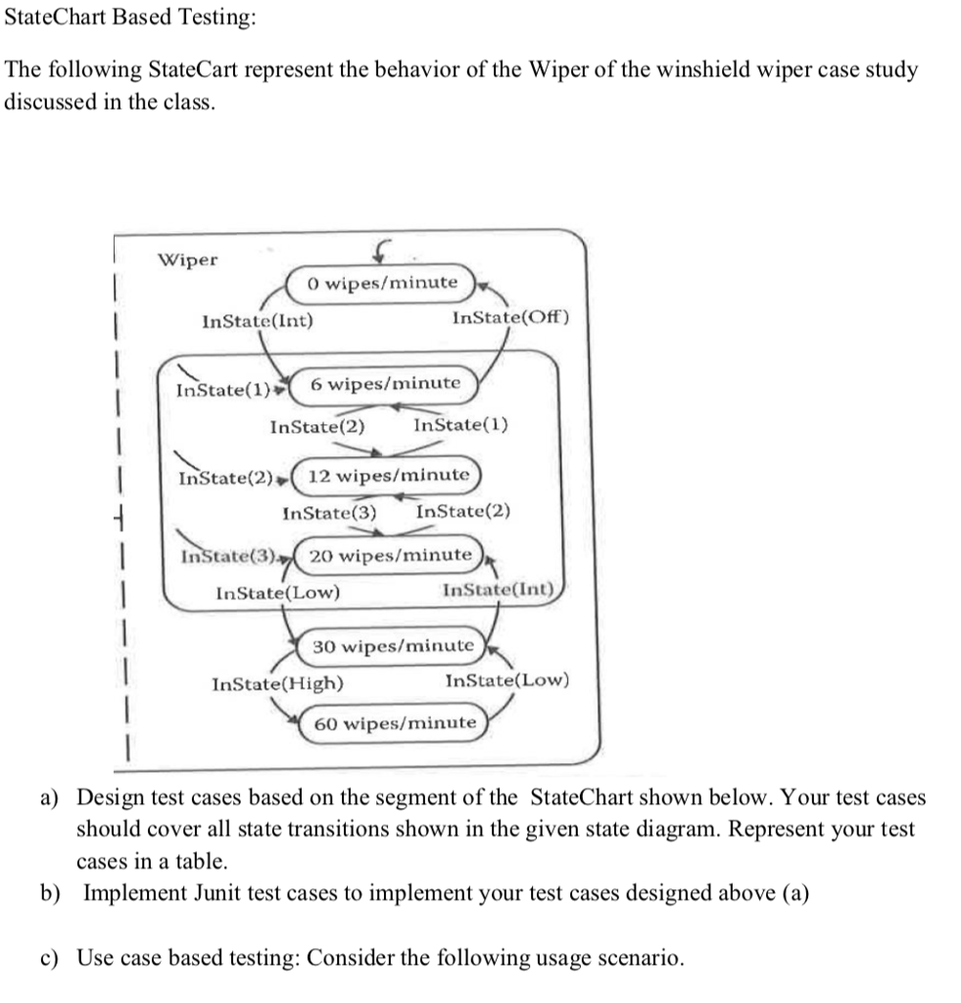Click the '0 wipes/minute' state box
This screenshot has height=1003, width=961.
coord(381,283)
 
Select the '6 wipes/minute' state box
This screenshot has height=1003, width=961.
coord(385,383)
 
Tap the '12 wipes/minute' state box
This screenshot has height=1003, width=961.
coord(388,475)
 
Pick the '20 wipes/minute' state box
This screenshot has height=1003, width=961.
coord(390,555)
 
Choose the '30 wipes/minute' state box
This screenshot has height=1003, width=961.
coord(393,645)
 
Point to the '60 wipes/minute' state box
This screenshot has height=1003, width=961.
coord(395,723)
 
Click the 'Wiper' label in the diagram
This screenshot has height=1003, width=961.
coord(188,260)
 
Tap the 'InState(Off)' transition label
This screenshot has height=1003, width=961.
coord(509,317)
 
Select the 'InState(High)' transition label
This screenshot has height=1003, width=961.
coord(277,683)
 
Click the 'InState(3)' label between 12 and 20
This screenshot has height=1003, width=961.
coord(329,511)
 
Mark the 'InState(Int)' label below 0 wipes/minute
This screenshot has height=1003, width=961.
coord(257,319)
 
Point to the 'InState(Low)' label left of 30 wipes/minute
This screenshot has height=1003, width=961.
coord(277,593)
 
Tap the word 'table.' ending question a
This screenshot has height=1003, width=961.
coord(103,861)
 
